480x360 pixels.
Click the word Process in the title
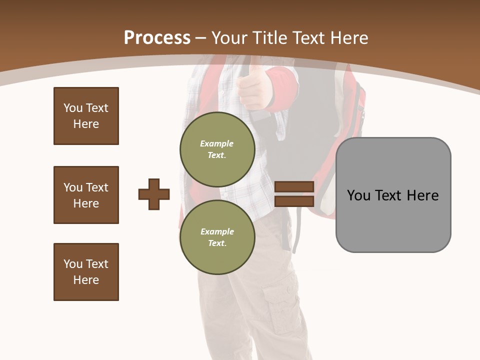coord(157,37)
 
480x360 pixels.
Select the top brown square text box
coord(86,116)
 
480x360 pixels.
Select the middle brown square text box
coord(86,195)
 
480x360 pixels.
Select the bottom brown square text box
coord(86,272)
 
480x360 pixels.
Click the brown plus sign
coord(154,194)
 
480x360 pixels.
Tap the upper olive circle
coord(217,149)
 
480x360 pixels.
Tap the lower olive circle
coord(217,237)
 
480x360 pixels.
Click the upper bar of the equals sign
coord(294,186)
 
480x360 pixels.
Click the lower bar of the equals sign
coord(294,201)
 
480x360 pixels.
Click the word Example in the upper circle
coord(217,143)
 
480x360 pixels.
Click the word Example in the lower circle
coord(217,231)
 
